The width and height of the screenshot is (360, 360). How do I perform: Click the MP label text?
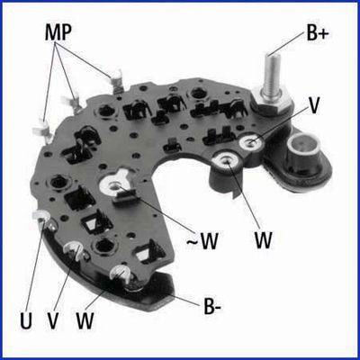(x=58, y=32)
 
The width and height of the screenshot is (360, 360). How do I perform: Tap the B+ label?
(x=318, y=33)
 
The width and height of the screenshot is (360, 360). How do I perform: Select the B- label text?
(x=212, y=306)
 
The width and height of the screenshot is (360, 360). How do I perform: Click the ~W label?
(x=202, y=241)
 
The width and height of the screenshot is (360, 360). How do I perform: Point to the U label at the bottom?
(x=26, y=320)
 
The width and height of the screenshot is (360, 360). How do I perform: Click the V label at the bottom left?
(x=53, y=320)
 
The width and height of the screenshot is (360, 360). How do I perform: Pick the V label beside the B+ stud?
(x=313, y=105)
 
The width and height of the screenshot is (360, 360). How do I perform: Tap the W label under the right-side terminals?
(x=264, y=239)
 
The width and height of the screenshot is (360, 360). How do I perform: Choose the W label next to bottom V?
(x=85, y=320)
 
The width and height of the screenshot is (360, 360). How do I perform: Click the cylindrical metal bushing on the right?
(x=304, y=148)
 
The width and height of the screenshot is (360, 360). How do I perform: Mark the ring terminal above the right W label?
(x=228, y=161)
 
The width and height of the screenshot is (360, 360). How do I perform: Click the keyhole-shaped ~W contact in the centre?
(x=116, y=184)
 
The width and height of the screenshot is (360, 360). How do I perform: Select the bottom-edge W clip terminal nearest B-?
(x=122, y=274)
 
